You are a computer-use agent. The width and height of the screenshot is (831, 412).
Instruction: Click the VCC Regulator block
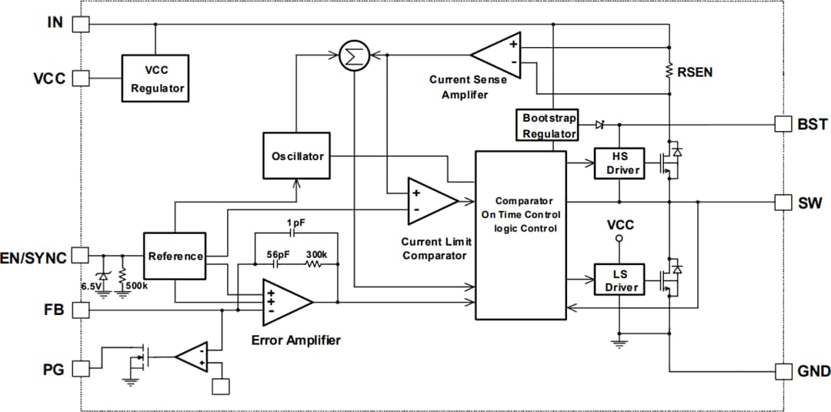point(157,79)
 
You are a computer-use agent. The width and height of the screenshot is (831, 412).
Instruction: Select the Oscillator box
point(297,156)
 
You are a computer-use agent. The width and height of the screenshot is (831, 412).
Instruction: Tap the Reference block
point(175,256)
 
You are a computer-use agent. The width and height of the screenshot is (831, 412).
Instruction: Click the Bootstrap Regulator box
point(549,126)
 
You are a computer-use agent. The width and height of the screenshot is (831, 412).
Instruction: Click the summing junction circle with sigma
point(354,55)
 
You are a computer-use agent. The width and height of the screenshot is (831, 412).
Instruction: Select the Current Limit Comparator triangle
point(431,201)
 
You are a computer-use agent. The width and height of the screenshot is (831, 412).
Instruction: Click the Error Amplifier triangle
point(285,301)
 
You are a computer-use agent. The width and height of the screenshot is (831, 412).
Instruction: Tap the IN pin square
point(80,24)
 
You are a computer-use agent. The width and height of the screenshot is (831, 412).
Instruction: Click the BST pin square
point(783,124)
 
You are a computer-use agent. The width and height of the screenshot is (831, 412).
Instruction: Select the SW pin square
point(783,202)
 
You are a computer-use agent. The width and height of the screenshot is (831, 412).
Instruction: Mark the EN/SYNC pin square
point(80,256)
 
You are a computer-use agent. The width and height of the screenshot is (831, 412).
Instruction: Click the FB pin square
point(80,310)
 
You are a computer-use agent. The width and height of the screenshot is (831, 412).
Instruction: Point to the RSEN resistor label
point(695,72)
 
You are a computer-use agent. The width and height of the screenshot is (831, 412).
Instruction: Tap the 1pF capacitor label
point(295,223)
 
